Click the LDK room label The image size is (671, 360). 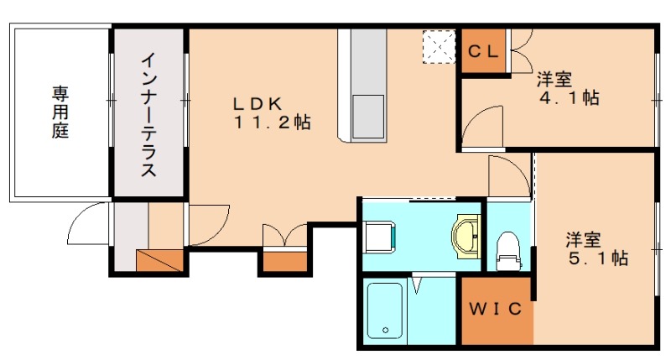click(257, 103)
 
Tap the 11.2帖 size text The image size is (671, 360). click(272, 123)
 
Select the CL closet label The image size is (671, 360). click(484, 52)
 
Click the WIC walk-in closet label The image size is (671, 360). click(496, 309)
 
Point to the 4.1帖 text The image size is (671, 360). click(570, 98)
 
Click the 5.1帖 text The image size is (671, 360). click(598, 258)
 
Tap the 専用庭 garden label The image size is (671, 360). click(60, 112)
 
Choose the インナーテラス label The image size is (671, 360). click(149, 115)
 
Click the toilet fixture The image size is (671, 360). click(508, 251)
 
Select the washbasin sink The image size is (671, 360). click(466, 237)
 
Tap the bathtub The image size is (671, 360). click(385, 310)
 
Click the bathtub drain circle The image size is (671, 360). click(386, 330)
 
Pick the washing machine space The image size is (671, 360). click(379, 237)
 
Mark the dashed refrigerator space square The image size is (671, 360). click(439, 47)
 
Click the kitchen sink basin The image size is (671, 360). click(368, 117)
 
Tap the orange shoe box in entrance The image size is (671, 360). click(159, 260)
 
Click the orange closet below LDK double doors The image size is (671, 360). click(284, 262)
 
